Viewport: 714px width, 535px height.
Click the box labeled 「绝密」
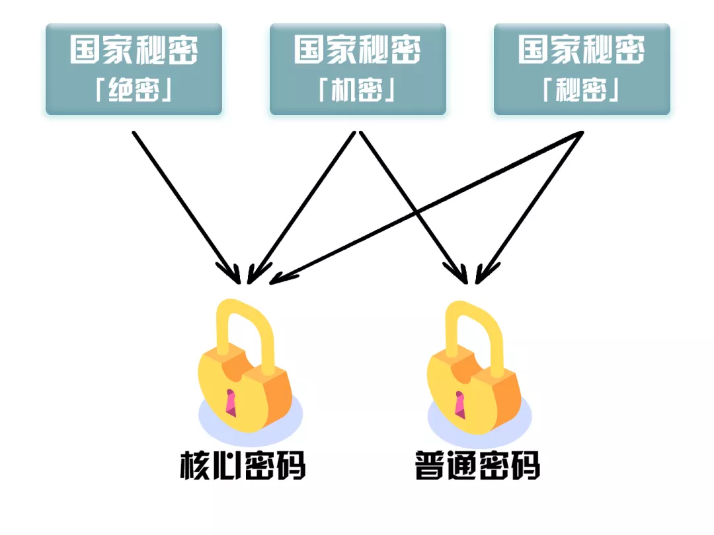click(x=134, y=69)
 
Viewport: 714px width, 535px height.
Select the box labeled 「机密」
click(x=358, y=69)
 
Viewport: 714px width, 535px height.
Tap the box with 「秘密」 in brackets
click(x=582, y=69)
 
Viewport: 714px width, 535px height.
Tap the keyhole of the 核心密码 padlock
click(x=231, y=402)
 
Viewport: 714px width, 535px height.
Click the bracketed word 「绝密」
click(x=134, y=91)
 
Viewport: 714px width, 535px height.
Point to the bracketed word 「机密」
click(x=358, y=91)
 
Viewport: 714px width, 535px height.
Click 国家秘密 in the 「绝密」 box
click(x=134, y=50)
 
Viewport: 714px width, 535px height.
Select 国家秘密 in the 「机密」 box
click(x=358, y=50)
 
